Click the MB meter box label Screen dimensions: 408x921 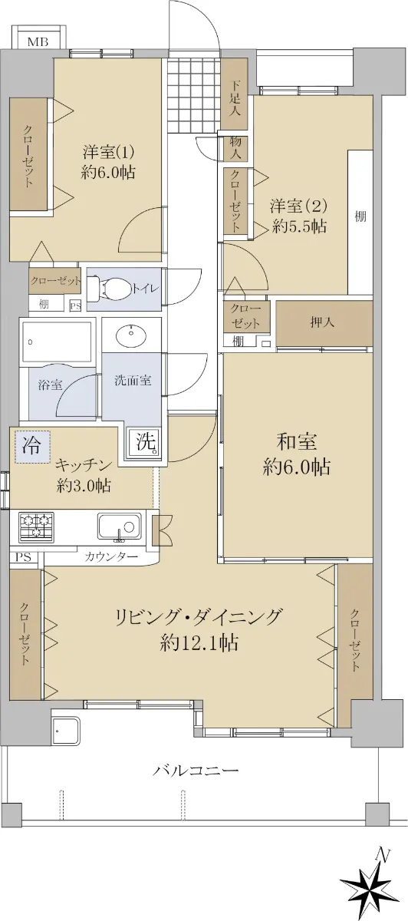pos(38,42)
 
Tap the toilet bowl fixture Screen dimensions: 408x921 pos(110,289)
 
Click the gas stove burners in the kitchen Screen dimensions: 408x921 pos(36,526)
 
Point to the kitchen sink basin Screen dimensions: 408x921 pos(119,526)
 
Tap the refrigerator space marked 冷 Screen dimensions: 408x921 pos(32,446)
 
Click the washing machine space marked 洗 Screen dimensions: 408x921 pos(143,442)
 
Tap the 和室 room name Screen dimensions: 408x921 pos(296,441)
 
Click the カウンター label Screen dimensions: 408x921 pos(111,557)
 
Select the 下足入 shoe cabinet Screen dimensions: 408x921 pos(234,94)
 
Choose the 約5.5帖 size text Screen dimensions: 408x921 pos(300,226)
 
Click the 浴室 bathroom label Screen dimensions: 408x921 pos(50,385)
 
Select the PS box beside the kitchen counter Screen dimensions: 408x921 pos(24,557)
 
